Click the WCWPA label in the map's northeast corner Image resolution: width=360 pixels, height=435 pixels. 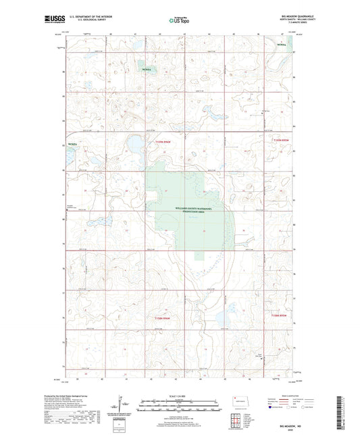[x=282, y=44]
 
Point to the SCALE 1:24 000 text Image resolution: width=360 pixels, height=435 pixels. [x=180, y=396]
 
